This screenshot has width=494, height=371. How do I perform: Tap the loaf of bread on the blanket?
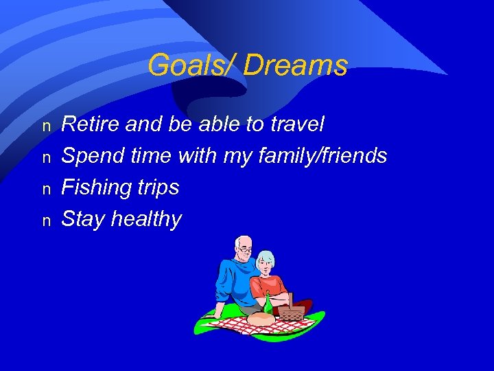261,319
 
